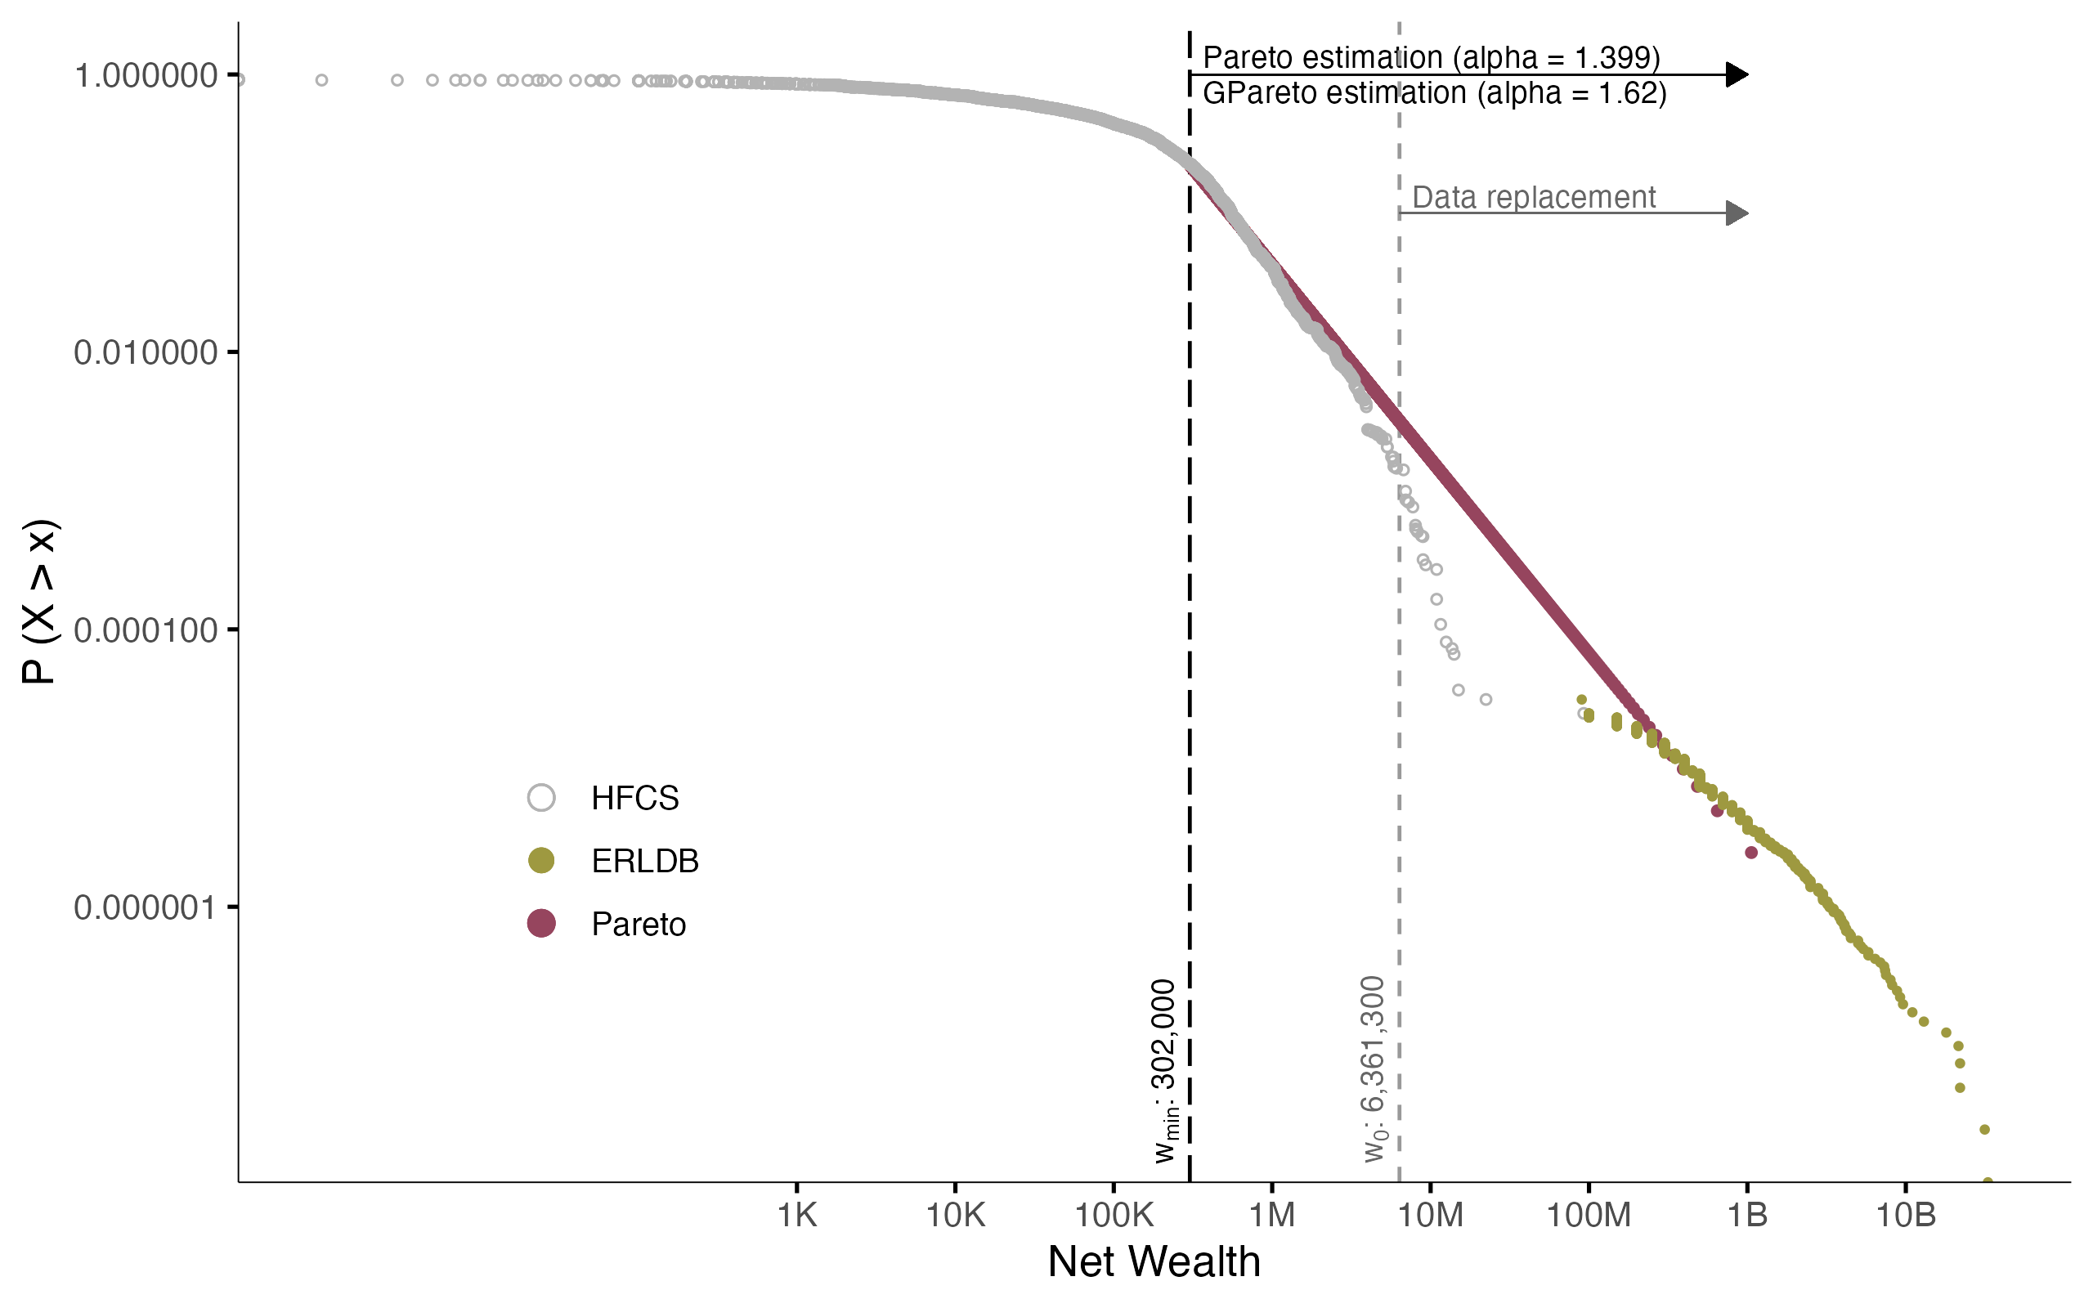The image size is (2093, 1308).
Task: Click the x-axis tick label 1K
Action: click(x=796, y=1216)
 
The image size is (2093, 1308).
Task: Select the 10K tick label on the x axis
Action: click(x=955, y=1216)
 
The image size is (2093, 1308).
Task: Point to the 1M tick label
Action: click(x=1271, y=1216)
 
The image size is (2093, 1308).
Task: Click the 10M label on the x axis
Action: click(x=1430, y=1216)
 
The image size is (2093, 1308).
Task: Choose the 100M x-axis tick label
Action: click(x=1588, y=1216)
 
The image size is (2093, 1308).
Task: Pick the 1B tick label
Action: click(x=1746, y=1216)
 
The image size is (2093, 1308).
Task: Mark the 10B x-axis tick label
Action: click(x=1904, y=1216)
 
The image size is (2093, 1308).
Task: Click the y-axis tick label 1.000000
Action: click(x=146, y=76)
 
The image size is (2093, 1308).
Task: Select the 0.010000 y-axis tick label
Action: click(x=146, y=353)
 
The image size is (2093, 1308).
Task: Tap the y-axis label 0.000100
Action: click(x=146, y=630)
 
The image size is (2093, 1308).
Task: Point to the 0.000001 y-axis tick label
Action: click(x=146, y=907)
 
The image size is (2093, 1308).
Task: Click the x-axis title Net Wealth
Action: click(x=1154, y=1262)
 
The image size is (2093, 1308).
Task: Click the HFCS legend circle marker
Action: click(x=541, y=798)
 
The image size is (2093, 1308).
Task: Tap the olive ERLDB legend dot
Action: click(x=541, y=861)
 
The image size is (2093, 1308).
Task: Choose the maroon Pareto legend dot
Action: click(x=541, y=924)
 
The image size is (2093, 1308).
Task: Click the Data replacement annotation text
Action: click(x=1534, y=197)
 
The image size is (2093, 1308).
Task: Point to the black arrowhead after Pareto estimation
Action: click(x=1736, y=75)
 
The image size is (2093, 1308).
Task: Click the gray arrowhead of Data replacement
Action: click(x=1736, y=213)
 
